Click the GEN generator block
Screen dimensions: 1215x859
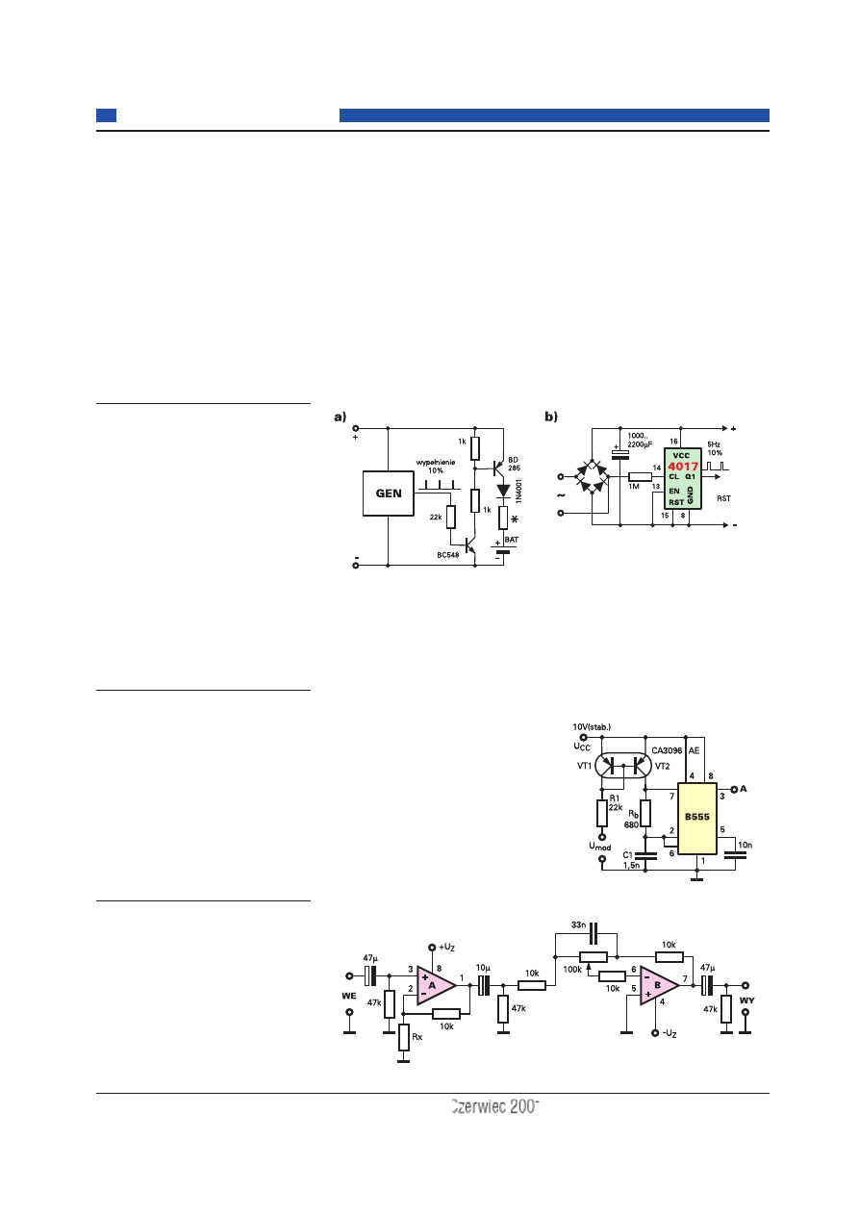389,494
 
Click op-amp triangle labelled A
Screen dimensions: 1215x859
435,985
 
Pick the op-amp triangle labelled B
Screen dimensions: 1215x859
659,985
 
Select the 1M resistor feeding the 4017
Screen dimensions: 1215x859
640,476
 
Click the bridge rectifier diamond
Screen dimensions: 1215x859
591,476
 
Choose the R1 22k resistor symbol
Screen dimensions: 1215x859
602,813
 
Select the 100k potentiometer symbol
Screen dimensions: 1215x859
594,957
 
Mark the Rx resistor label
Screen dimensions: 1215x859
417,1037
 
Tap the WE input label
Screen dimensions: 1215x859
349,997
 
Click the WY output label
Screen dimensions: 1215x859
746,1000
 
